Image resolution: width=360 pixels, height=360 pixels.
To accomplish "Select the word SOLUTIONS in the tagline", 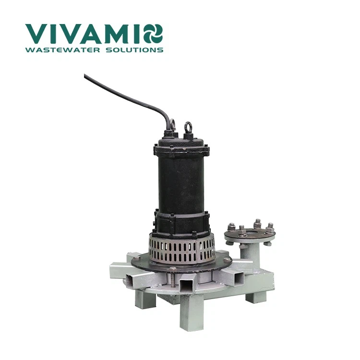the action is (134, 50).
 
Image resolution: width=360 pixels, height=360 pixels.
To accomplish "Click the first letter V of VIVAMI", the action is (36, 34).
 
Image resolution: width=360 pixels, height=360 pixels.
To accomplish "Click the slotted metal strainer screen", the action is (182, 249).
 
